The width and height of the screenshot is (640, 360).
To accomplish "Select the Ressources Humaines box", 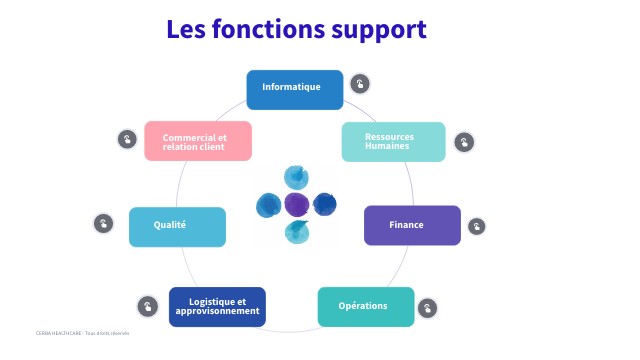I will tap(393, 142).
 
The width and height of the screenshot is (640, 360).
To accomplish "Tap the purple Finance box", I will tap(411, 225).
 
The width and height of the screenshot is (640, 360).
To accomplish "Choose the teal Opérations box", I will tap(365, 306).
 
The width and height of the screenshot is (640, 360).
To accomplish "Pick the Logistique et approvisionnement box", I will tap(217, 306).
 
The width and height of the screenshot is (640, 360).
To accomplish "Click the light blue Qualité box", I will tap(177, 226).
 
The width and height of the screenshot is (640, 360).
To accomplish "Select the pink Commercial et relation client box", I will tap(197, 141).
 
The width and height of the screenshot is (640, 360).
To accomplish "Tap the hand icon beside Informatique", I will tap(360, 84).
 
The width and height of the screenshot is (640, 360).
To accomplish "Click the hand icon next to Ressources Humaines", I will tap(464, 142).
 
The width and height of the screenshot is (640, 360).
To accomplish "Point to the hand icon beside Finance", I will tap(477, 226).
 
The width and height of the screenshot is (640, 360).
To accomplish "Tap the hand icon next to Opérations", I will tap(428, 307).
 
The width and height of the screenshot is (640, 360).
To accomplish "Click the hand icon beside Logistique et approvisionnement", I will tap(147, 306).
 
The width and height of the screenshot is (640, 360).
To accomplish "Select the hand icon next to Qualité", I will tap(104, 223).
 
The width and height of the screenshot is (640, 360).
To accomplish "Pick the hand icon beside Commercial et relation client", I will tap(127, 139).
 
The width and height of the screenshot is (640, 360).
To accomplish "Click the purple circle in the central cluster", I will tap(297, 205).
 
